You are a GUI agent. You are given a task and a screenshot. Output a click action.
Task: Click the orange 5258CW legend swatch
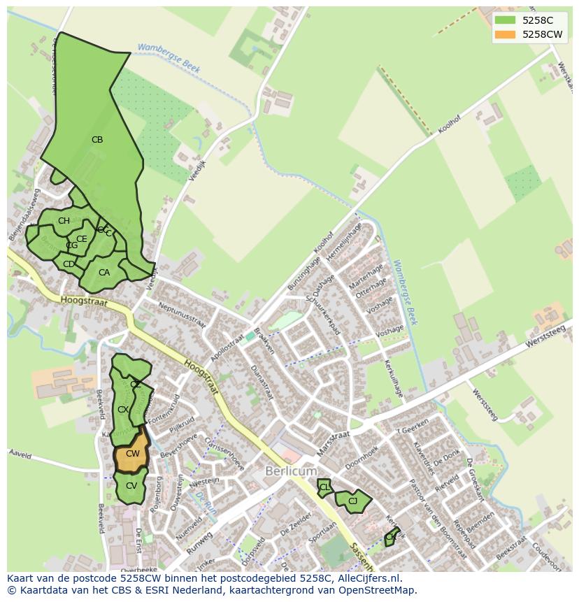coord(505,34)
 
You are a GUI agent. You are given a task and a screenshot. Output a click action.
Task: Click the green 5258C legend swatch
coord(505,20)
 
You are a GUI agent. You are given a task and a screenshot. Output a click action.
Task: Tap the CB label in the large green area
coord(97,140)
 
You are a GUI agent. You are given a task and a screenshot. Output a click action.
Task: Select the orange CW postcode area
coord(132,453)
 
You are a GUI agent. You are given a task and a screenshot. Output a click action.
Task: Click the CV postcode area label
coord(131,486)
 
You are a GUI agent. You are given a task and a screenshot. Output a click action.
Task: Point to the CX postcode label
coord(122,410)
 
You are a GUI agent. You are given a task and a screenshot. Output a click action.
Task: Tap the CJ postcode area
coord(352,501)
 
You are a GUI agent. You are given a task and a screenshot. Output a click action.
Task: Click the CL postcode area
coord(324,487)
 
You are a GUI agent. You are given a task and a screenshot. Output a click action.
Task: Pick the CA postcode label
coord(104,273)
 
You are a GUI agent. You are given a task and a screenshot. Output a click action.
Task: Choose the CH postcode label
coord(64,221)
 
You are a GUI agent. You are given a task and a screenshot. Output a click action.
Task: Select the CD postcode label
coord(69,264)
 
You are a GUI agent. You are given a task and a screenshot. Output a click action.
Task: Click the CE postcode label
coord(82,239)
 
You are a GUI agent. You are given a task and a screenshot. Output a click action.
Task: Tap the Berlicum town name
coord(291,471)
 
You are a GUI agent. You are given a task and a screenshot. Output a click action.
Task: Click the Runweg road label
coord(200,541)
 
